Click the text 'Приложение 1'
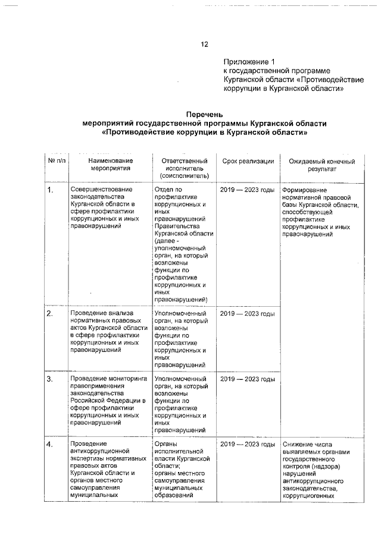(249, 62)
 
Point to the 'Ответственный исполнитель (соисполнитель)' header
(184, 168)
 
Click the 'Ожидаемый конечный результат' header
(321, 165)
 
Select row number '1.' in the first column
(51, 190)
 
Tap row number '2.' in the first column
(51, 313)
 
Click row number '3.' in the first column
(51, 379)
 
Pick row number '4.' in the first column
(51, 445)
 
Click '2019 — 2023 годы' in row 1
(247, 190)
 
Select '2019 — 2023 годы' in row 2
(247, 313)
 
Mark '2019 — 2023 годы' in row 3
(247, 379)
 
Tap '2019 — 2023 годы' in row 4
(247, 445)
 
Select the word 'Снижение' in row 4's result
(299, 445)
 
